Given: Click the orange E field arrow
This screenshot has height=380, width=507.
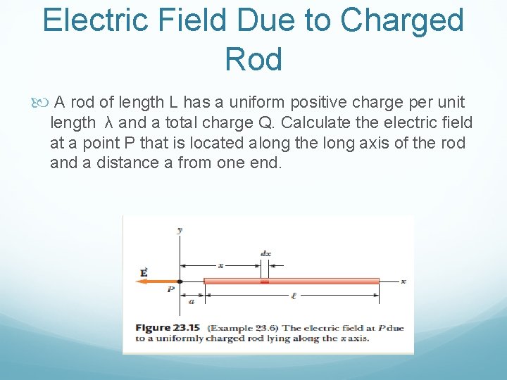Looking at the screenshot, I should pos(156,281).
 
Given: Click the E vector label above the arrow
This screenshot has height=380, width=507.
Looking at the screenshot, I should pos(144,272).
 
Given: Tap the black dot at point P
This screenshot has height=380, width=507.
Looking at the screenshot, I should pos(180,281).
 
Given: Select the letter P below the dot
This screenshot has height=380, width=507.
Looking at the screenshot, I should pos(171,289).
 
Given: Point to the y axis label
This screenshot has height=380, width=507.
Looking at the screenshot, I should pos(180,229).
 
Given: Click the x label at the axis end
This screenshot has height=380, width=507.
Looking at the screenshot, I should pos(403,281).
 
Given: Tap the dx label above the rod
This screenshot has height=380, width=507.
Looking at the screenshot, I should pos(265,253).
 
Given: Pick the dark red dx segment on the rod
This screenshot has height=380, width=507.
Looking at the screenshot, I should pos(265,281).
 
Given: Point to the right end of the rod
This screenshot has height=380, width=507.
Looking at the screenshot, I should pos(378,281).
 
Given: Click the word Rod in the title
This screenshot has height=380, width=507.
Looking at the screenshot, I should pos(254,60).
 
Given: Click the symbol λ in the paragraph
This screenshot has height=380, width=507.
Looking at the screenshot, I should pos(108,123).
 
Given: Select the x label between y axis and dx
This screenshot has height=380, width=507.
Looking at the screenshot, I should pos(220,265).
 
